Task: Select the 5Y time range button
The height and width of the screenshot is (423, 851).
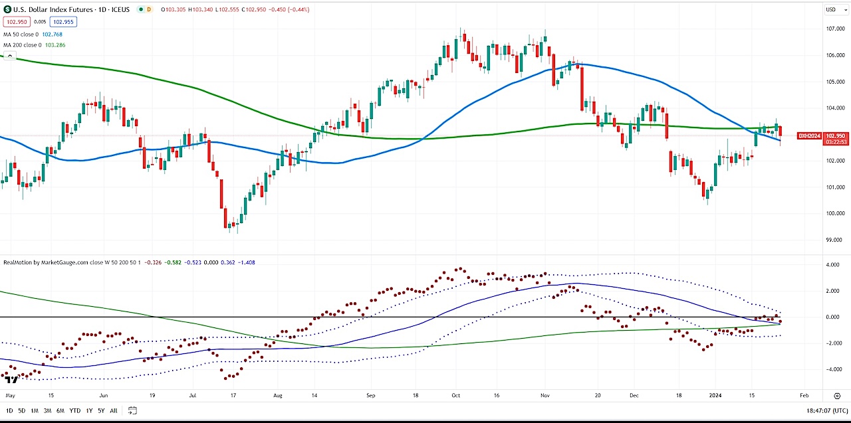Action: (x=100, y=410)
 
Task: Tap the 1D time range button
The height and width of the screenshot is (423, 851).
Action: (x=9, y=410)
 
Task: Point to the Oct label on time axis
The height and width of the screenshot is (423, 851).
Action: (x=455, y=394)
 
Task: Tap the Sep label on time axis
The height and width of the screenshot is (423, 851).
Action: (x=371, y=394)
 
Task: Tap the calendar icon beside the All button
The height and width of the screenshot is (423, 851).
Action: (x=132, y=410)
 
